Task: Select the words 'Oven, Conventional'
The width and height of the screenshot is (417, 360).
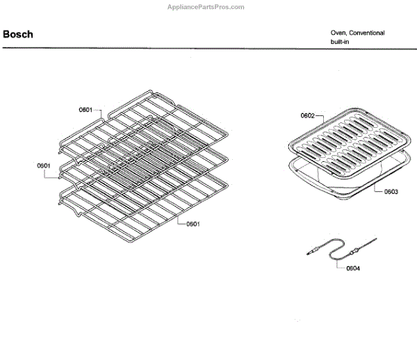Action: [x=357, y=33]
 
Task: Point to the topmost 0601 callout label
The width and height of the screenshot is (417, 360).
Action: [x=85, y=109]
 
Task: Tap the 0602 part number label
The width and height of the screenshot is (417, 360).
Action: [x=308, y=115]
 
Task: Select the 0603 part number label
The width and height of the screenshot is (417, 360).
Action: [x=391, y=191]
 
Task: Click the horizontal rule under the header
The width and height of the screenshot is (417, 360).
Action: [x=208, y=48]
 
